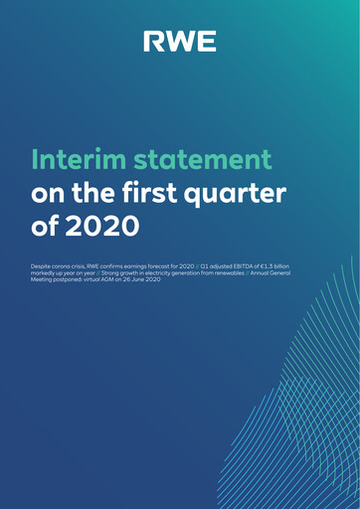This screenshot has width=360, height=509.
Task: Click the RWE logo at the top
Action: click(179, 41)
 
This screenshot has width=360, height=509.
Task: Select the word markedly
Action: click(47, 275)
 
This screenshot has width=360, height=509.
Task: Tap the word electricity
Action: click(184, 275)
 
